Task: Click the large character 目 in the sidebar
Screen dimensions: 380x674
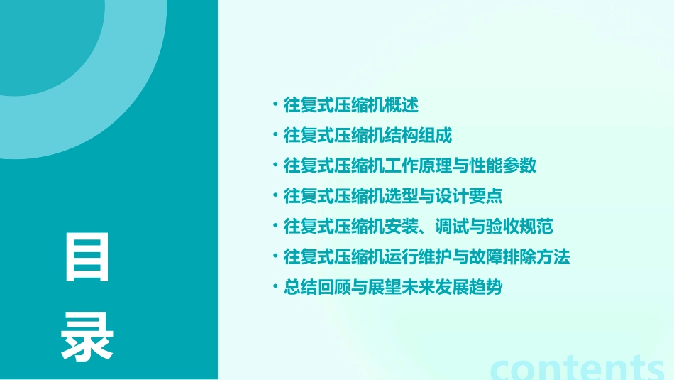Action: click(87, 257)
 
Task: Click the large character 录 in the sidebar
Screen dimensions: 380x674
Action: click(87, 337)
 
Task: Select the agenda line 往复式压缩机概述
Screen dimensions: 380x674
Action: click(350, 106)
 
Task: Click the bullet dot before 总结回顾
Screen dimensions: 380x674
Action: click(275, 288)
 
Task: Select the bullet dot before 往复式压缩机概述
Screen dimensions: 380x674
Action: click(275, 106)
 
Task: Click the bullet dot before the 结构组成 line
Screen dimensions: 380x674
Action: click(275, 136)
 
